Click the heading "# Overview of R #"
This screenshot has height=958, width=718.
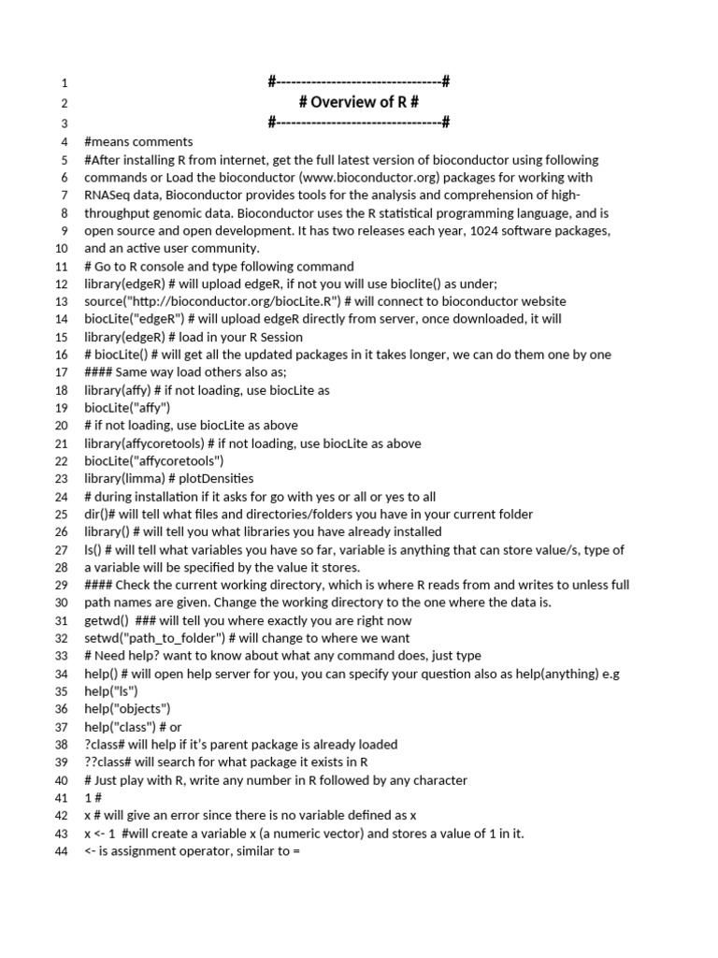[x=358, y=103]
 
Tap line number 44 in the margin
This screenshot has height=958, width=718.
[x=62, y=851]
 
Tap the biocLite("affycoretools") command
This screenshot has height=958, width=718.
[x=154, y=461]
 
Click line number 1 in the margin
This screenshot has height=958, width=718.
[x=65, y=83]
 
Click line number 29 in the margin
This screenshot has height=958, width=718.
[x=62, y=586]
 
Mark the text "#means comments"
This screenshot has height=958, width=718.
[x=138, y=142]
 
